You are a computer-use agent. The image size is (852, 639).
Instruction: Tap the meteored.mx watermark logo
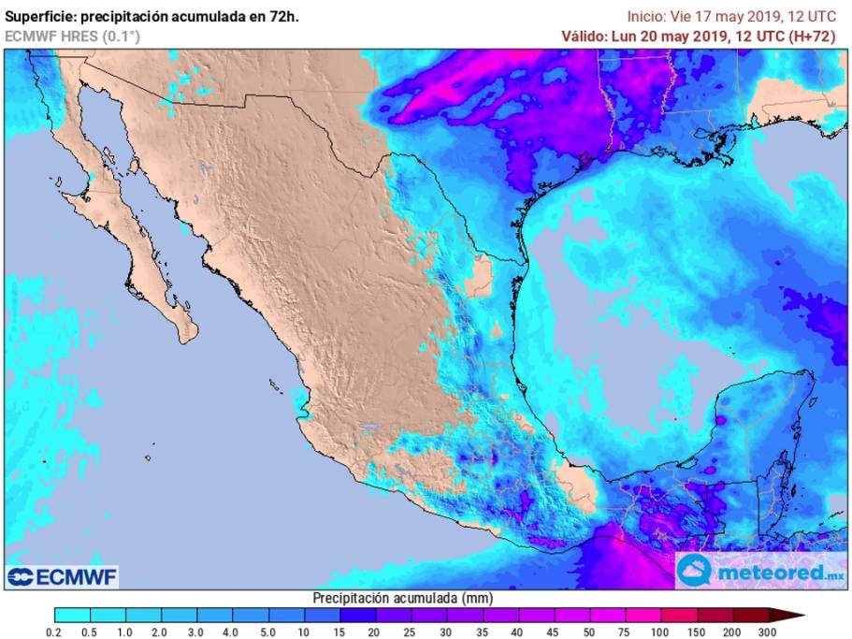(x=761, y=570)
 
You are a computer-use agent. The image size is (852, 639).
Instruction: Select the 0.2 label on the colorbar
(x=54, y=633)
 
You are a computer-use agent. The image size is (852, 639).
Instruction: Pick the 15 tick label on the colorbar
(x=339, y=633)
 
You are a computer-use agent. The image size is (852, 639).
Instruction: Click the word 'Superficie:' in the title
(x=40, y=17)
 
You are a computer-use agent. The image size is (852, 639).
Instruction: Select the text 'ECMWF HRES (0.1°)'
(x=73, y=36)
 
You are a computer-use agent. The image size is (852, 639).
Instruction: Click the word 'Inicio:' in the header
(x=646, y=17)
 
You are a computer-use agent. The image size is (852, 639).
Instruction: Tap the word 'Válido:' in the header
(x=584, y=36)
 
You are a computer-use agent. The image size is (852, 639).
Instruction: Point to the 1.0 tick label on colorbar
(x=125, y=633)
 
